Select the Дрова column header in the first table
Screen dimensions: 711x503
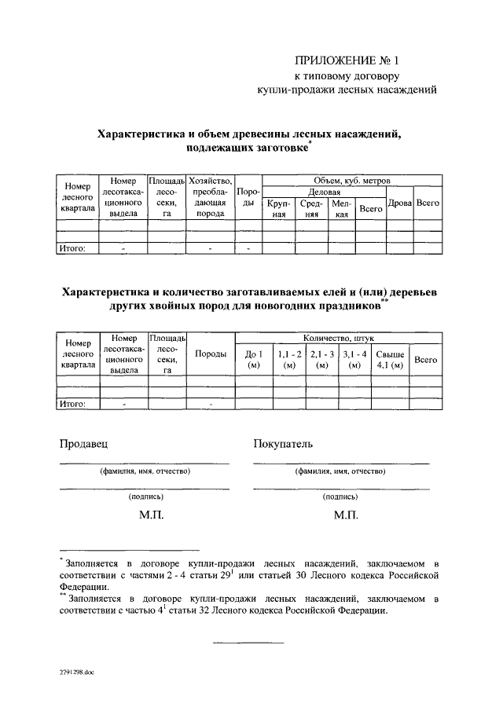400,203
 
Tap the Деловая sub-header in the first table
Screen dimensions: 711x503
324,191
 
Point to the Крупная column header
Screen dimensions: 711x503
279,208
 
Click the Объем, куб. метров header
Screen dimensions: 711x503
351,181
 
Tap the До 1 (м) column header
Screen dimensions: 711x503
253,359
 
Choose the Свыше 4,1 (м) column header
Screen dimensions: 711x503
390,359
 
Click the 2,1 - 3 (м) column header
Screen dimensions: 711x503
321,359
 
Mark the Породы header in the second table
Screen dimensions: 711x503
211,354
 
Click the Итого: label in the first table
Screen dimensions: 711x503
72,249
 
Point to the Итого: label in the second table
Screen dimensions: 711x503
72,404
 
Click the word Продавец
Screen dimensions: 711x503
84,445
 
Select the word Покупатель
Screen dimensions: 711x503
283,445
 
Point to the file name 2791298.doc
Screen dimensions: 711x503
75,673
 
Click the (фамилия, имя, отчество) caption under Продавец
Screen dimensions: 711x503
145,471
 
